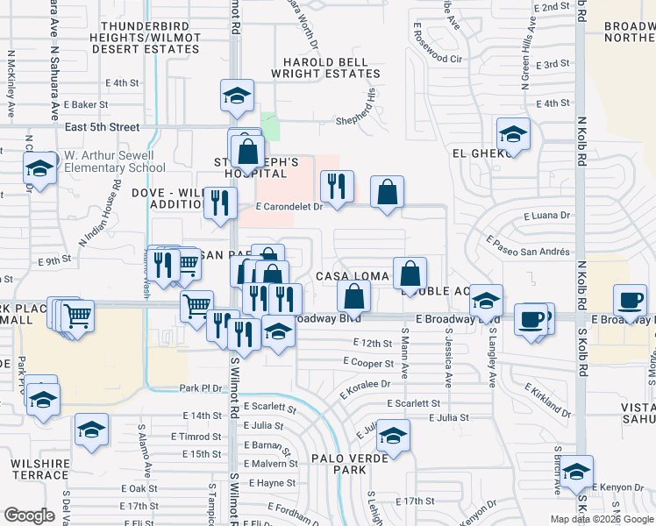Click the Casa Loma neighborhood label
[x=358, y=276]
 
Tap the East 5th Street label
[x=103, y=127]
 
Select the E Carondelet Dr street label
[x=290, y=207]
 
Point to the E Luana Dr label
[x=546, y=215]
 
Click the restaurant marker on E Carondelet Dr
[x=337, y=187]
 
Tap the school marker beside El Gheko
[x=513, y=134]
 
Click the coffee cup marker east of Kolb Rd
[x=630, y=301]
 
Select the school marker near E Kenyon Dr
[x=576, y=472]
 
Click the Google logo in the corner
[x=29, y=515]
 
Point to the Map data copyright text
[x=601, y=519]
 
